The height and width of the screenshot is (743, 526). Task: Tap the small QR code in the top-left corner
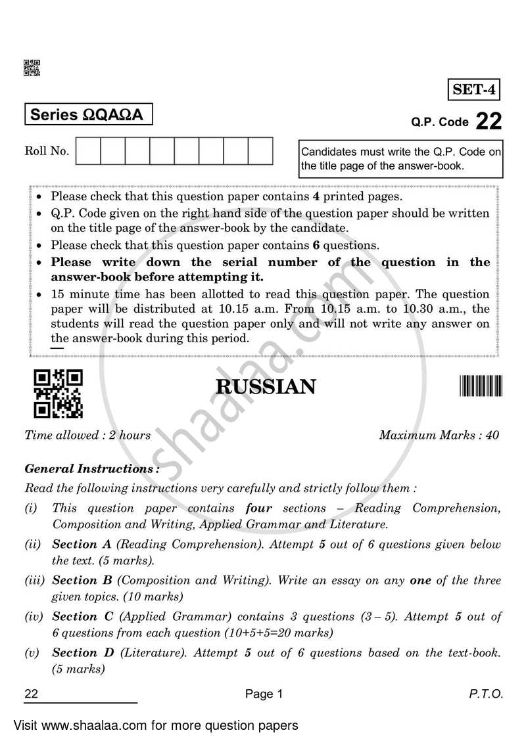click(32, 67)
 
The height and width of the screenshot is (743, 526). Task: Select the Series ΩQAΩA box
click(88, 114)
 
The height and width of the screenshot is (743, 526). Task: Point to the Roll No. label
click(47, 151)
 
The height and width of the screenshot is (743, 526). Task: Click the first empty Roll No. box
click(88, 151)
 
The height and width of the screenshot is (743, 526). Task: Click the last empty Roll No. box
click(260, 151)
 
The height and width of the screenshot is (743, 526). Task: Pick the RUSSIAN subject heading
click(266, 387)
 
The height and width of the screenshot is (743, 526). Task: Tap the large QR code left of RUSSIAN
click(59, 394)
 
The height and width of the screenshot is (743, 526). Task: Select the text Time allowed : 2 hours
click(87, 435)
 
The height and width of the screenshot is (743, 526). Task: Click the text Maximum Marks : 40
click(439, 435)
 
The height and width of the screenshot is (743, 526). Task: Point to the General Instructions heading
click(91, 469)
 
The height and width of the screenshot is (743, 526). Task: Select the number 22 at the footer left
click(31, 694)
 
